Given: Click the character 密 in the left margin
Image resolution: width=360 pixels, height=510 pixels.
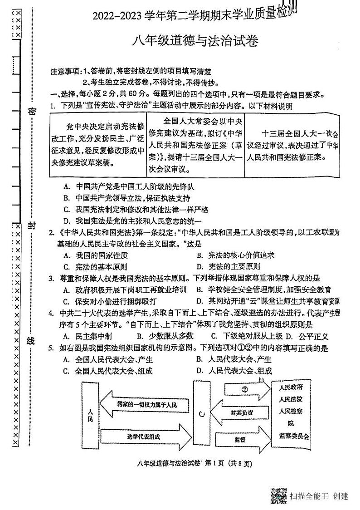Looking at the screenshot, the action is (32, 112).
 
